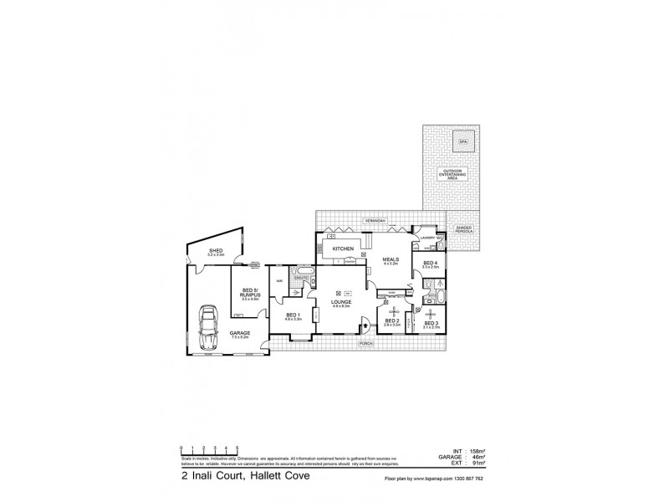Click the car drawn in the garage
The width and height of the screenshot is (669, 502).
coord(208,319)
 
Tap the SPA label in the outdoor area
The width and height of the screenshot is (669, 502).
coord(462,142)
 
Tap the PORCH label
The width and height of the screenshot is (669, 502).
coord(365,344)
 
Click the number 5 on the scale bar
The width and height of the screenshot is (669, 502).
coord(237,448)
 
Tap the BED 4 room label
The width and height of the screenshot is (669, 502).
coord(430,264)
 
